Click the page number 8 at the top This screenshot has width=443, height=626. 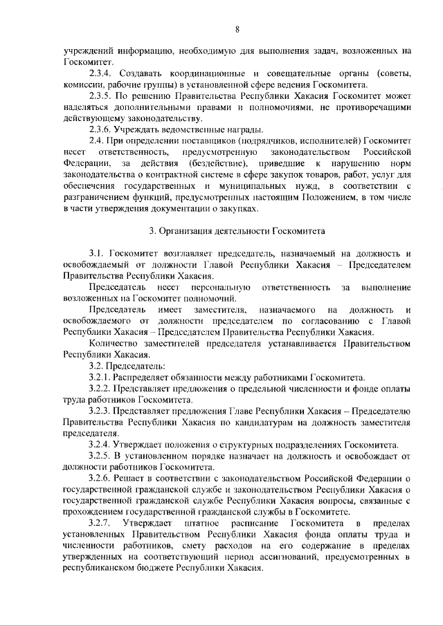237,28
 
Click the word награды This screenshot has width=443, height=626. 242,131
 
